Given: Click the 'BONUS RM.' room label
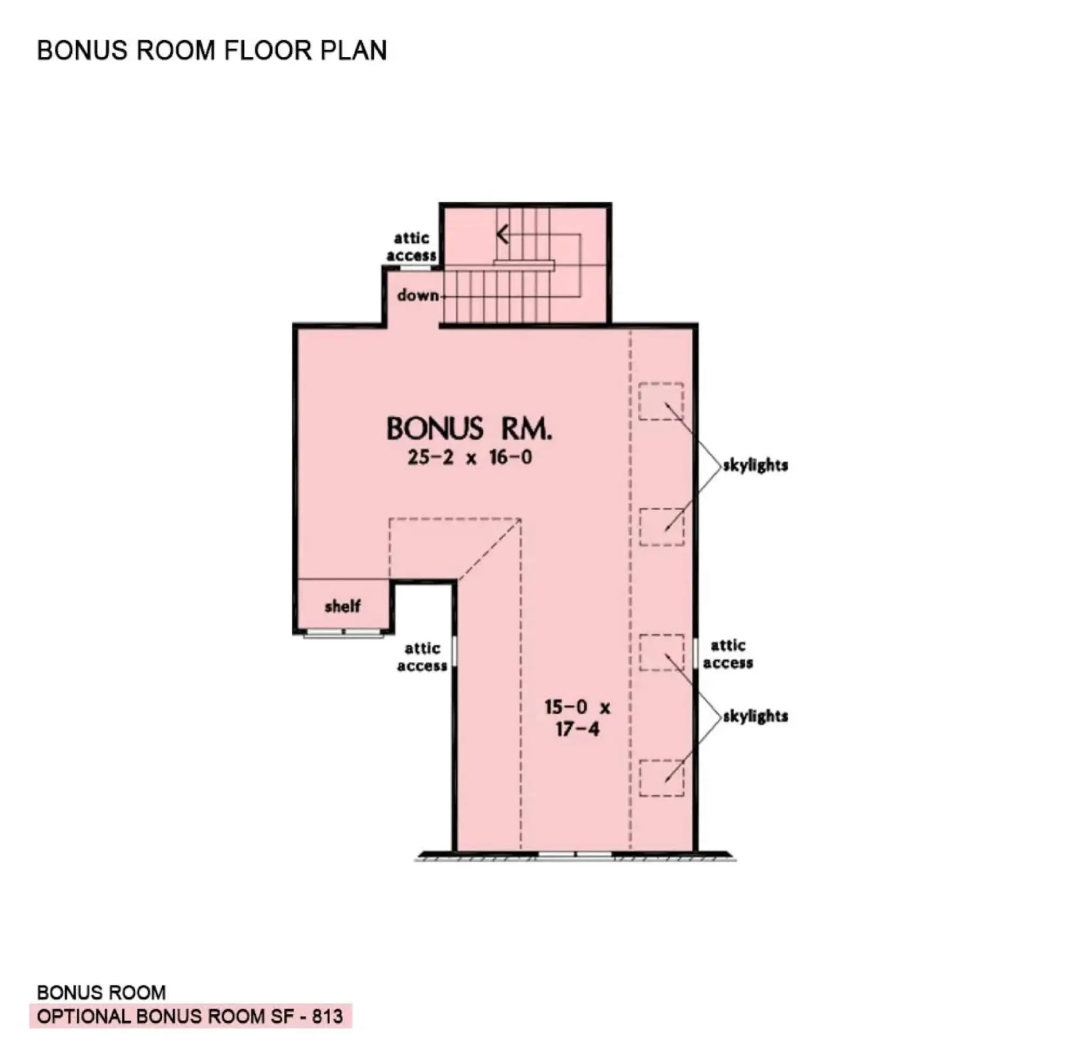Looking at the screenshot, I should pyautogui.click(x=469, y=429).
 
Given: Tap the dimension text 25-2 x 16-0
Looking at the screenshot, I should pyautogui.click(x=470, y=458).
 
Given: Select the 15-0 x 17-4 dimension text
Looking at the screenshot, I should pyautogui.click(x=577, y=718).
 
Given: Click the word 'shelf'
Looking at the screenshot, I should pyautogui.click(x=342, y=606).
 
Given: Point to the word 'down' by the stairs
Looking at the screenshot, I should pyautogui.click(x=417, y=295).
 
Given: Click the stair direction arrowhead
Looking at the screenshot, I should pyautogui.click(x=503, y=233).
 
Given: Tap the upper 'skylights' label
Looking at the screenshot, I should pyautogui.click(x=755, y=465).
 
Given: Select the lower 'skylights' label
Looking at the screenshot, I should pyautogui.click(x=755, y=716).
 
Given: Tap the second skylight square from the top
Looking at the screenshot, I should pyautogui.click(x=661, y=526).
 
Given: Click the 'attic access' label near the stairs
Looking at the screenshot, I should pyautogui.click(x=411, y=246).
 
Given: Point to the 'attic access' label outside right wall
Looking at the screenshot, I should pyautogui.click(x=728, y=654).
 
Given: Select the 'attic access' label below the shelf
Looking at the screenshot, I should pyautogui.click(x=422, y=657).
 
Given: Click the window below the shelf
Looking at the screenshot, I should pyautogui.click(x=343, y=633).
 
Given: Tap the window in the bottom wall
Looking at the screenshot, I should pyautogui.click(x=575, y=854).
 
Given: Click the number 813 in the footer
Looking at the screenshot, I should pyautogui.click(x=328, y=1016).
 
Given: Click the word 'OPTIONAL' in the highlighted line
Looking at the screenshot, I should pyautogui.click(x=83, y=1016).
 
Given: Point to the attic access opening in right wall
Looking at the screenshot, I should pyautogui.click(x=695, y=653).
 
